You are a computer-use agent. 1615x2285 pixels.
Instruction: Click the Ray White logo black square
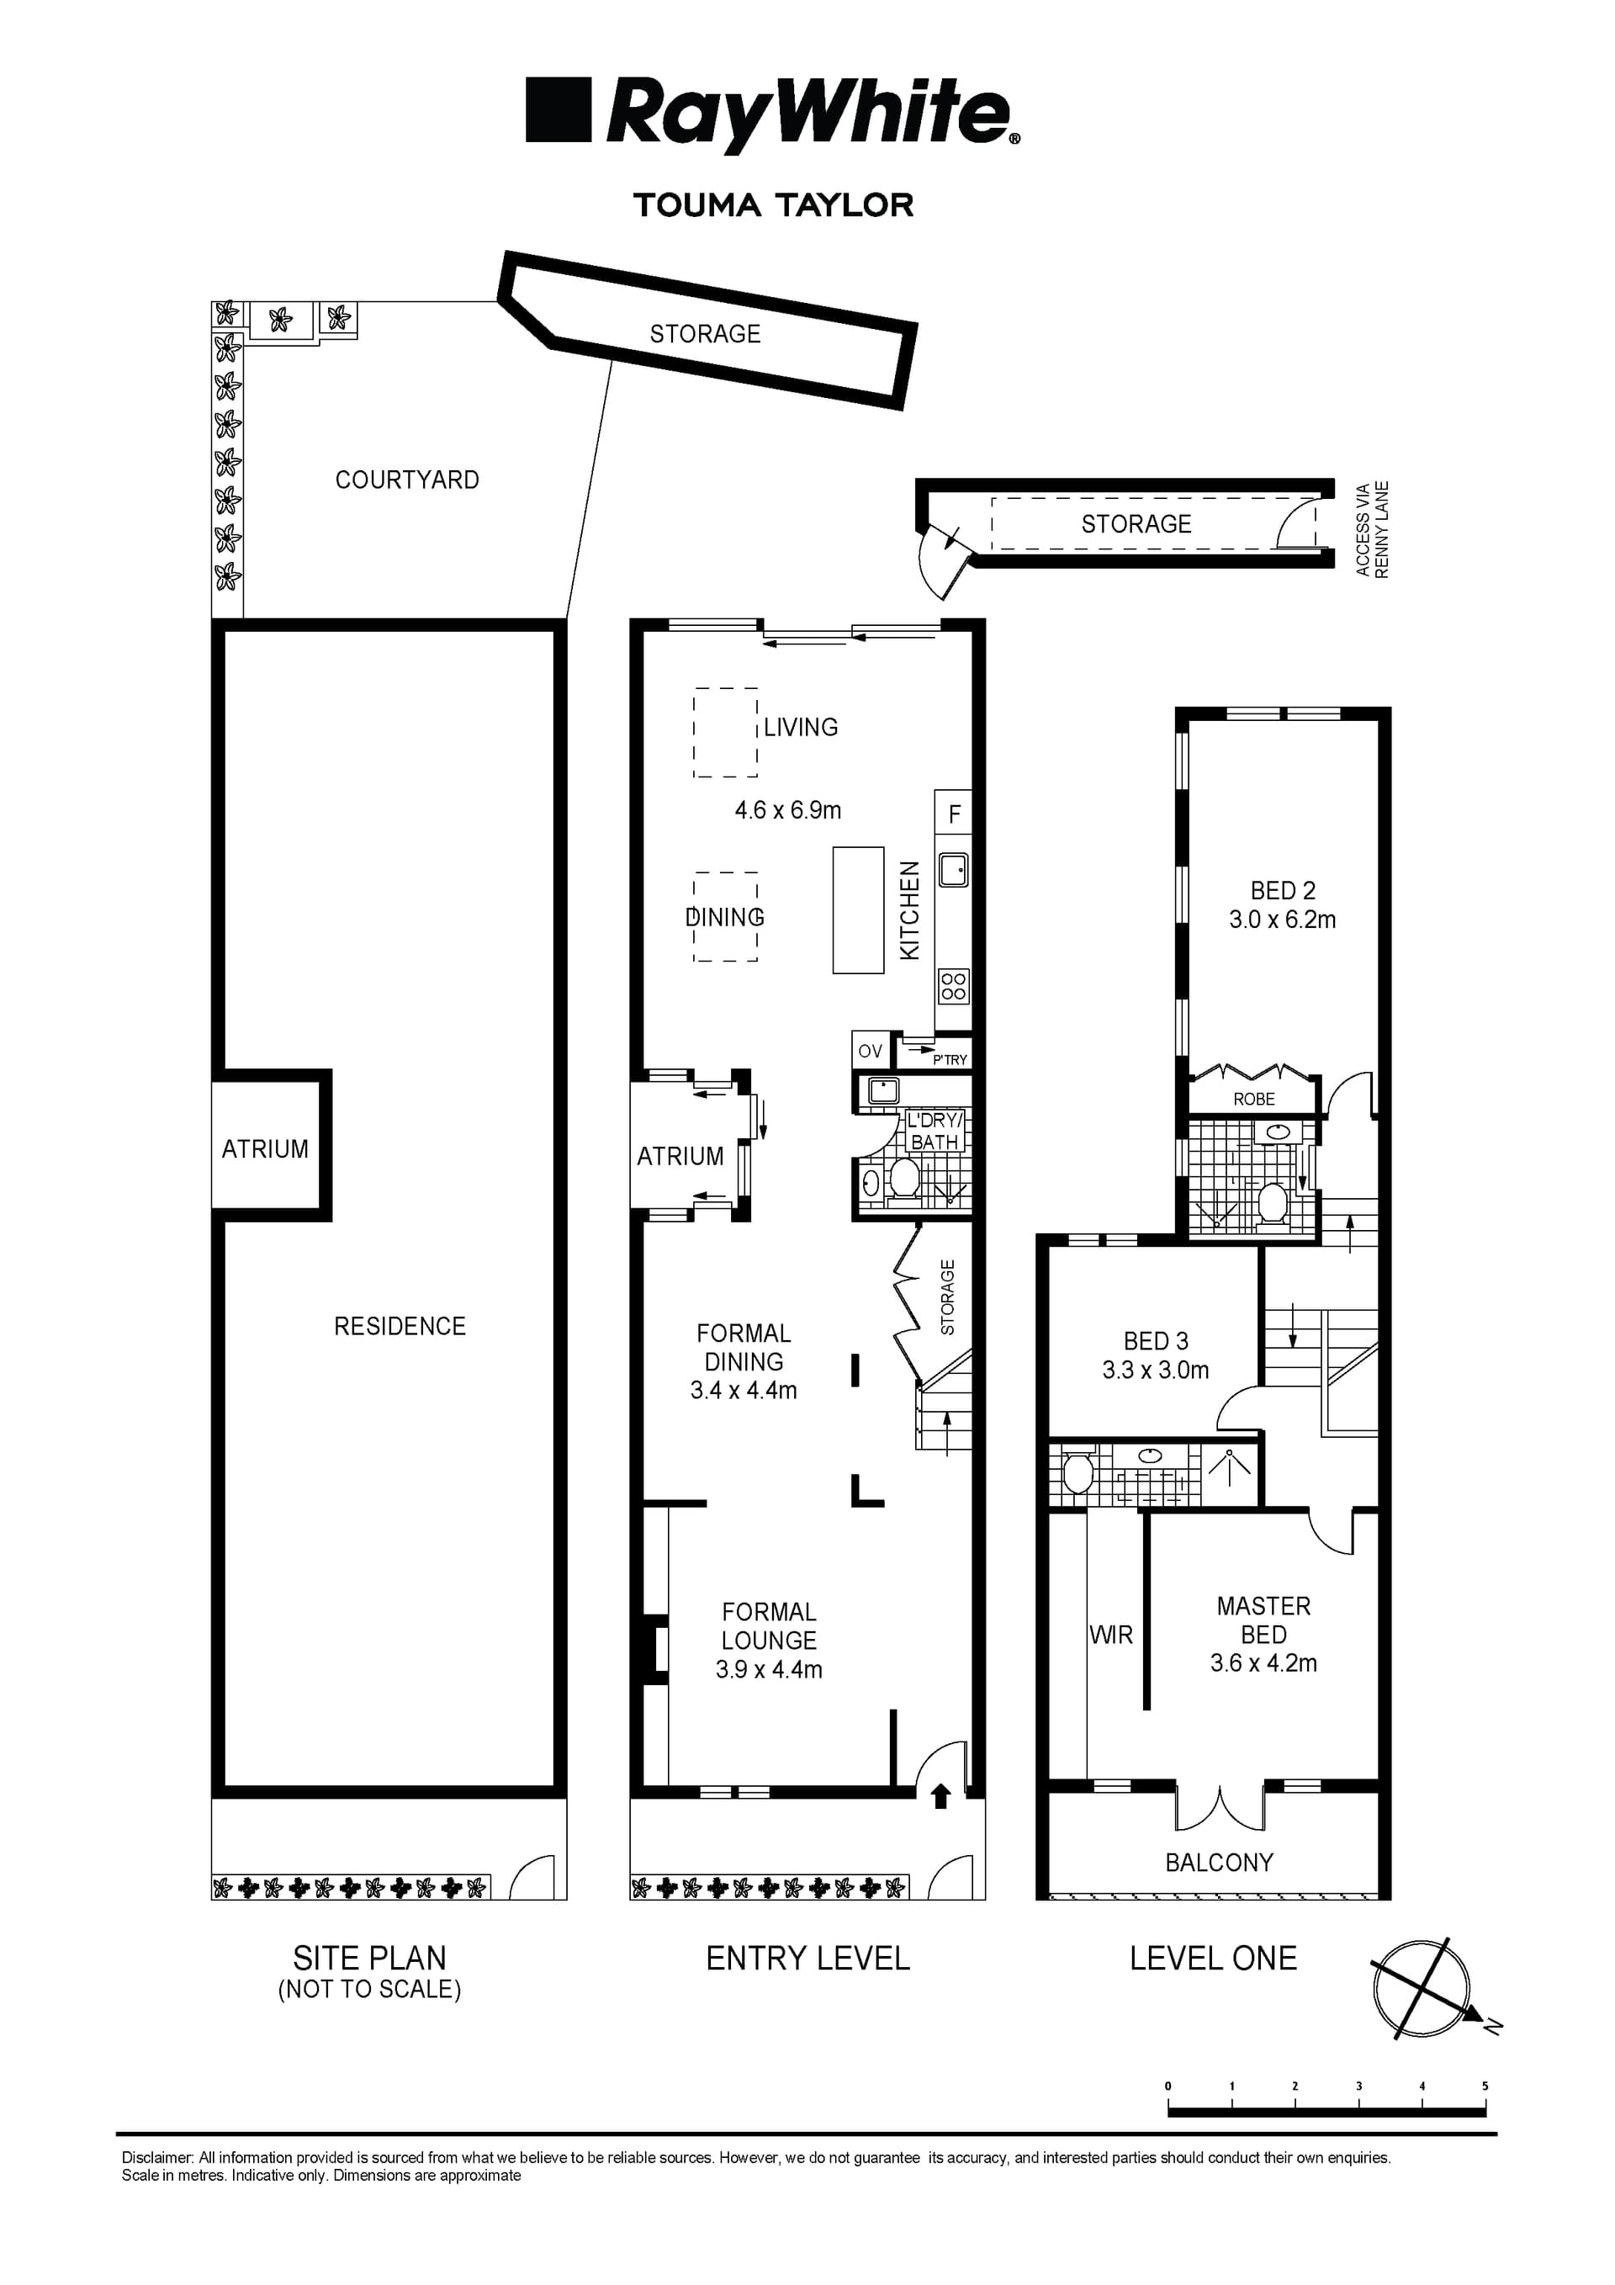559,109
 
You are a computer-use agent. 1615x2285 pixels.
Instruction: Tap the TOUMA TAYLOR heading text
773,205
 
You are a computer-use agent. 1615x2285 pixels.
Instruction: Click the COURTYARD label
407,480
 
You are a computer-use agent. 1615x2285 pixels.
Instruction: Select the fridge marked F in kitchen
953,815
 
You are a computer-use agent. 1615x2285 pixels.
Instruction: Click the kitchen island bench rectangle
858,909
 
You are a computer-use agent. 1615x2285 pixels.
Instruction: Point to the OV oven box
870,1051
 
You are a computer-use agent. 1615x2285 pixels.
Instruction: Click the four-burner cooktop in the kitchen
953,986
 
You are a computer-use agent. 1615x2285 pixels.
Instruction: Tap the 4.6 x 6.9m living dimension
787,810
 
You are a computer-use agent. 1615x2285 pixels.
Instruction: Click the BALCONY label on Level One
1218,1862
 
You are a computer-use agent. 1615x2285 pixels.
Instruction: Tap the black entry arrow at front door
940,1795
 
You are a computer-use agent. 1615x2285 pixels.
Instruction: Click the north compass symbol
1421,1987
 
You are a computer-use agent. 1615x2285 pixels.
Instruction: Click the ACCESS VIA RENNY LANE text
1371,529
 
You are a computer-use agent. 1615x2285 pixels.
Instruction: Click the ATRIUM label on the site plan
265,1148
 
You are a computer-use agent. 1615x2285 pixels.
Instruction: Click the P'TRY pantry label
950,1060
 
